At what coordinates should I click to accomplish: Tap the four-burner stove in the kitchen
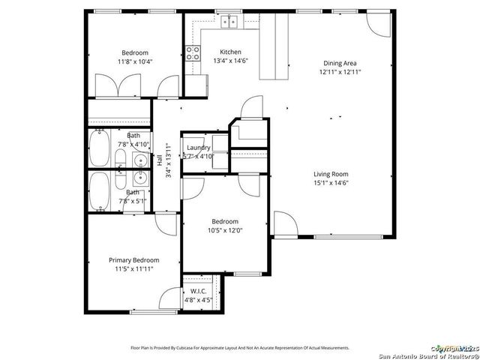(193, 53)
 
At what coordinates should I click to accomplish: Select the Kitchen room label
(209, 52)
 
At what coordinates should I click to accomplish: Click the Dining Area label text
(339, 64)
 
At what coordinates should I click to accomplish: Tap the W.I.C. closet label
(199, 291)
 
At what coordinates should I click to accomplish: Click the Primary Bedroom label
(134, 259)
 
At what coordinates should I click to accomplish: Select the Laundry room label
(199, 148)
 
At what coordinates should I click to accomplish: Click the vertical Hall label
(160, 160)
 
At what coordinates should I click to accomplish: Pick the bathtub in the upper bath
(99, 149)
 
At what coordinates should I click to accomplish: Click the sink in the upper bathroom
(139, 159)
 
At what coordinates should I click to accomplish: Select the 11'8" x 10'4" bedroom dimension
(135, 61)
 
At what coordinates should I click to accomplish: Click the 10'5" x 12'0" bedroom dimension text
(224, 230)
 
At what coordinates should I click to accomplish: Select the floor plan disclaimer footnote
(240, 348)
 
